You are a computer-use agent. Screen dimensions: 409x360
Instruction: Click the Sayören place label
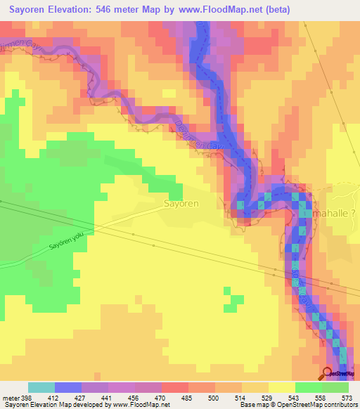tap(181, 203)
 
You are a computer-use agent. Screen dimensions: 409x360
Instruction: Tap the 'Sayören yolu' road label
tap(67, 242)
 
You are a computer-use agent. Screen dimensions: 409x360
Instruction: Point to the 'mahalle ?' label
tap(335, 212)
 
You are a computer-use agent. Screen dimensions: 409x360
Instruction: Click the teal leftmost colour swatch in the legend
tap(41, 387)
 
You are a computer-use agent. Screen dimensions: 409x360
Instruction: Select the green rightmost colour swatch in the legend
tap(335, 387)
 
